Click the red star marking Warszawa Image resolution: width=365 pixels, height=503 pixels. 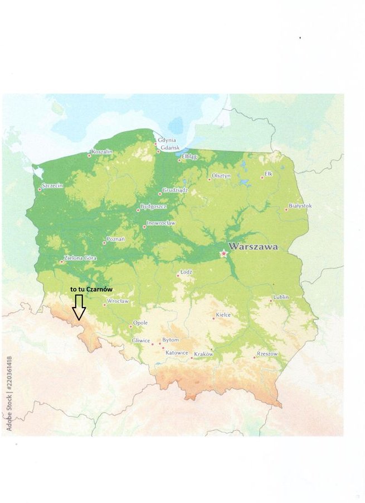223,253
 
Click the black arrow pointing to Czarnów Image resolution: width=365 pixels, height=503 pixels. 79,306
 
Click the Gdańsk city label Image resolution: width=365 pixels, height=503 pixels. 168,150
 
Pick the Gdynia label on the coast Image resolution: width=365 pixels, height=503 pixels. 167,140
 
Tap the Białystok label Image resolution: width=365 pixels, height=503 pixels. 300,206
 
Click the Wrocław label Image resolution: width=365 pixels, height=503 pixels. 118,301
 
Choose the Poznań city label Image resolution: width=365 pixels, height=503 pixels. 116,239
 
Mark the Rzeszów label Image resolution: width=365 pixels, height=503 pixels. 267,354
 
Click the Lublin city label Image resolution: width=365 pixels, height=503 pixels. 281,298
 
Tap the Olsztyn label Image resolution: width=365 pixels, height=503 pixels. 221,176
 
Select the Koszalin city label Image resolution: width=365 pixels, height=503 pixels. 102,152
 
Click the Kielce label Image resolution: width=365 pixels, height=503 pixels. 223,315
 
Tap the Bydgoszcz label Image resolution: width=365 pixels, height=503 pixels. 153,207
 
